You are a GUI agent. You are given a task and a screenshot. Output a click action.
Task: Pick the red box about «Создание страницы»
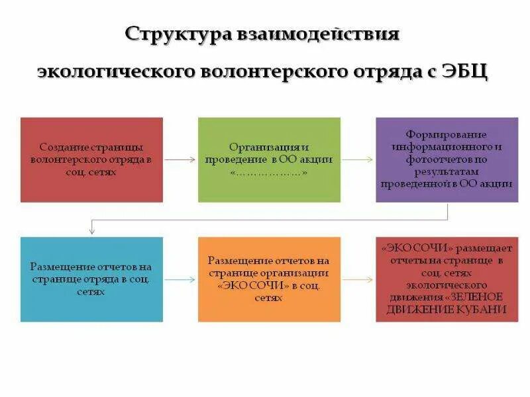[x=91, y=159]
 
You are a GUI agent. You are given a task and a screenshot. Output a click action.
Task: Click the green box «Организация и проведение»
[x=269, y=159]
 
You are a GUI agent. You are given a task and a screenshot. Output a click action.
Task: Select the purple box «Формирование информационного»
[x=447, y=159]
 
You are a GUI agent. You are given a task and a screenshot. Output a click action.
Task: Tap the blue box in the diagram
[x=91, y=279]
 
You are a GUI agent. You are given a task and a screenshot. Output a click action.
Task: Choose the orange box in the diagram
[x=269, y=279]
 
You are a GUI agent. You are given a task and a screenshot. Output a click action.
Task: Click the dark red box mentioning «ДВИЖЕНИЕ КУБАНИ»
[x=447, y=279]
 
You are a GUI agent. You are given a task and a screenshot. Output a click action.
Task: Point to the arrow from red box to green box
[x=180, y=159]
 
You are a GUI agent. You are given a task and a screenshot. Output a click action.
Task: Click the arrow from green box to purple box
[x=358, y=159]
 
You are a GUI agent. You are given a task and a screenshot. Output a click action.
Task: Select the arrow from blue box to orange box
[x=180, y=279]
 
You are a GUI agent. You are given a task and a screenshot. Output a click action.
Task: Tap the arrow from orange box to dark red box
[x=358, y=279]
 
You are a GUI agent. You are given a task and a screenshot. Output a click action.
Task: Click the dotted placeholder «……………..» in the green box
[x=269, y=173]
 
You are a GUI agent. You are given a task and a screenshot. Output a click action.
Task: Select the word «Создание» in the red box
[x=61, y=147]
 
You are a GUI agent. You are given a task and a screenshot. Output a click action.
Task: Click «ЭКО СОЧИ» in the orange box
[x=246, y=286]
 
